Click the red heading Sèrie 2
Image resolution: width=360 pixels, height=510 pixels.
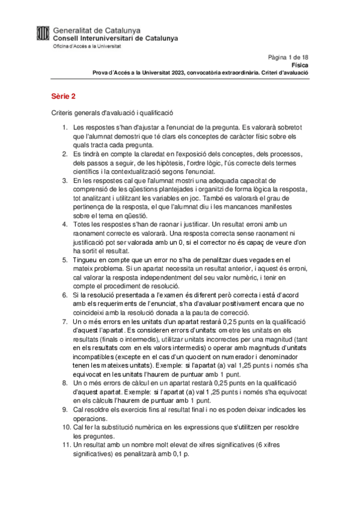(63, 96)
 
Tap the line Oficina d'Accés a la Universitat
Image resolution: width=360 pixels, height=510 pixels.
(87, 46)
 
